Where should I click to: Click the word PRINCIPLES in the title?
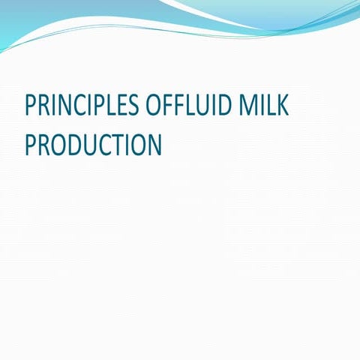[x=80, y=106]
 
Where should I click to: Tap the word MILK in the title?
[x=264, y=106]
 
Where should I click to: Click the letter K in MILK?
[x=283, y=106]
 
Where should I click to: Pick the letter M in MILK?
[x=248, y=106]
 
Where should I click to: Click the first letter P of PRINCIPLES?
[x=30, y=106]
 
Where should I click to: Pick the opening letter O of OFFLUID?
[x=151, y=106]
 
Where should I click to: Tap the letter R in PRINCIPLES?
[x=43, y=106]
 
